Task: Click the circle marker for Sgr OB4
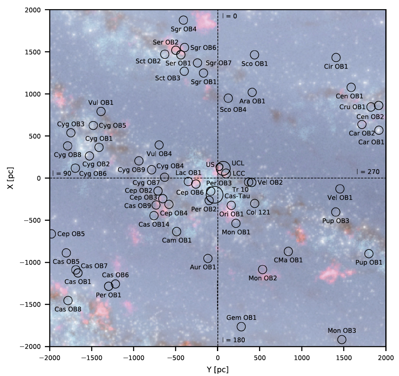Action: point(183,20)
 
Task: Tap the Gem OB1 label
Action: point(241,317)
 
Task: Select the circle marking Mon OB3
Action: point(342,339)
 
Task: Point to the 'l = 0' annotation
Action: point(229,16)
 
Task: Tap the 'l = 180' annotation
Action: point(233,340)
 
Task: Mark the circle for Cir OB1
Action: point(336,57)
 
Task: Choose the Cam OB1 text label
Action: point(177,240)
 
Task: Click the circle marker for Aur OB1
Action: point(208,259)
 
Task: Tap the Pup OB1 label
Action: point(369,262)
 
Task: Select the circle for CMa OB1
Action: point(288,251)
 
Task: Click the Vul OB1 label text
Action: point(101,102)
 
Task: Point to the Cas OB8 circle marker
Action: point(68,300)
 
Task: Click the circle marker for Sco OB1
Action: point(254,55)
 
